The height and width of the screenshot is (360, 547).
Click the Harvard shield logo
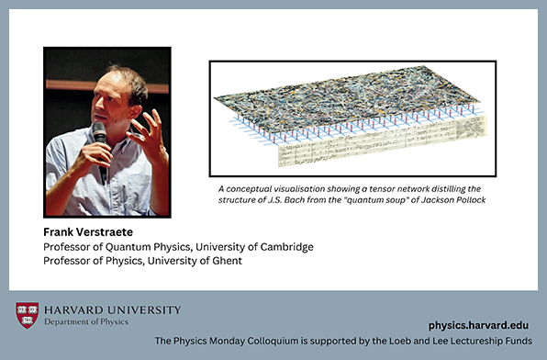point(28,315)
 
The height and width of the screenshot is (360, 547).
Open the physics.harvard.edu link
point(481,325)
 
